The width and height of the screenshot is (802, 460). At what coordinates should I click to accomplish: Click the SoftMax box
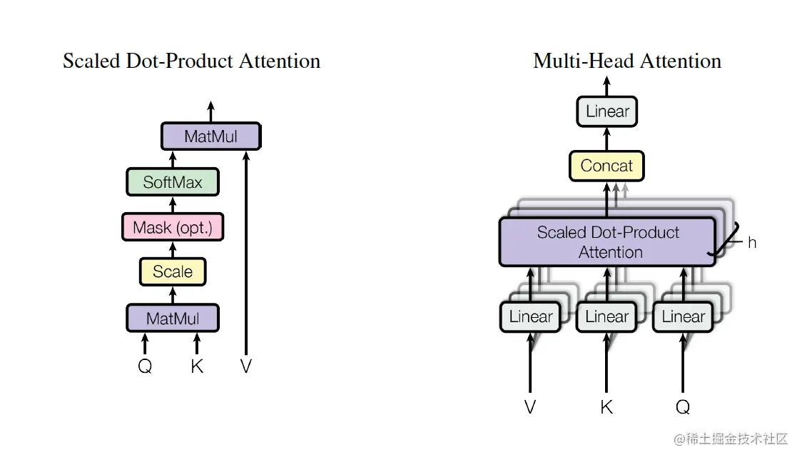[172, 182]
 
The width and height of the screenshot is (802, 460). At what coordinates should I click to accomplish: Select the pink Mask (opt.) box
[173, 228]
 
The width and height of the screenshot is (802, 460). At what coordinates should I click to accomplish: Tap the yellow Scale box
[173, 271]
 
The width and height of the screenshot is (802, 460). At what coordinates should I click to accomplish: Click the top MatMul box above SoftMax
[210, 136]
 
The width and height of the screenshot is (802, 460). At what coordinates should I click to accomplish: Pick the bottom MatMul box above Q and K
[173, 318]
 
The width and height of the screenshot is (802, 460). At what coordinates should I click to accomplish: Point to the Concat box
[606, 166]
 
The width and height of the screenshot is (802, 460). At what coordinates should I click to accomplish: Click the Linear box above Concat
[607, 111]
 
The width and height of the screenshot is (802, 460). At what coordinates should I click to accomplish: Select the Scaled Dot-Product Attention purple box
[607, 242]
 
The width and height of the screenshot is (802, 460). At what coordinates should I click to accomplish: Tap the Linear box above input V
[530, 316]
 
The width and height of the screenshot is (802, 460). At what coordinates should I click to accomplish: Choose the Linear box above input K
[606, 316]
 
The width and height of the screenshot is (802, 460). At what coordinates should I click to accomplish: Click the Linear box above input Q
[683, 316]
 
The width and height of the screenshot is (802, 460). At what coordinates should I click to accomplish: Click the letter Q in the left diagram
[145, 367]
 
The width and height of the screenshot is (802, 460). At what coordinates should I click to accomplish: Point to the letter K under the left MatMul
[197, 367]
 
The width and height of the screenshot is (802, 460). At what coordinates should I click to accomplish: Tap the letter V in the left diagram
[246, 367]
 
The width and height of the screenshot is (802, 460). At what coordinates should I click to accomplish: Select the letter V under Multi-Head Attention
[529, 407]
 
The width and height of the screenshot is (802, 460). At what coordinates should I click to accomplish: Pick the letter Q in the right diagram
[683, 407]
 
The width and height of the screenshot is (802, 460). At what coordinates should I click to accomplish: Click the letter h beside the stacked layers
[752, 242]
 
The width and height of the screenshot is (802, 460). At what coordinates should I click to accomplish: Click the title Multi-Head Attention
[627, 61]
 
